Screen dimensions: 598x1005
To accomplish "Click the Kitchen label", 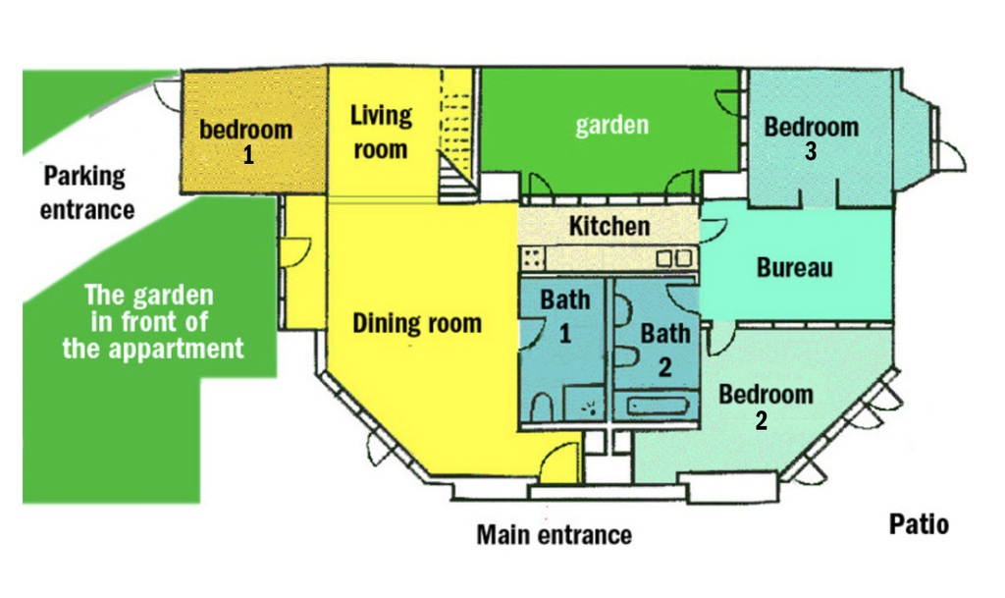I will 608,226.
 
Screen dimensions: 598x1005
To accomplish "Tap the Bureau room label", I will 795,267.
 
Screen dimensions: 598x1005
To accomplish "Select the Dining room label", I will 417,322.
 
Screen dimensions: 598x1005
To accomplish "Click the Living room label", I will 381,132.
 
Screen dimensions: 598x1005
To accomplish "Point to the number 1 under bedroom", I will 248,154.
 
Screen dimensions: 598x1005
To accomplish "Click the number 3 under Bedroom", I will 812,151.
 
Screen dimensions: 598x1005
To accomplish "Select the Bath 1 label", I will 565,315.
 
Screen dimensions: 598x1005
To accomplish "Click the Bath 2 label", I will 664,349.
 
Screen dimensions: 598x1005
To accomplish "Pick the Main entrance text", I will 554,535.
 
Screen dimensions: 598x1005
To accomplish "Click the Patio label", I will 919,523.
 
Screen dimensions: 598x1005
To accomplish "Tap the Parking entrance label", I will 86,192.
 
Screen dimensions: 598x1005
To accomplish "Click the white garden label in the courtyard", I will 611,125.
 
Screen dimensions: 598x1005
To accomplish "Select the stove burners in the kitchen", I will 533,258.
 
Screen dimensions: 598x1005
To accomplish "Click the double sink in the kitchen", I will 674,258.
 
